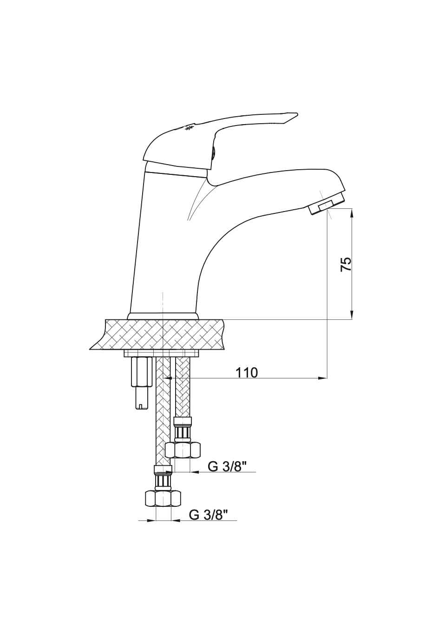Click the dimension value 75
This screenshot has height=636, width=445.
pos(346,265)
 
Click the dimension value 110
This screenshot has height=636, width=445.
pos(247,372)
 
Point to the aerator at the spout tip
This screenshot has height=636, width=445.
pos(326,203)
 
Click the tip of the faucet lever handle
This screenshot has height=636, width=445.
pos(297,114)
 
